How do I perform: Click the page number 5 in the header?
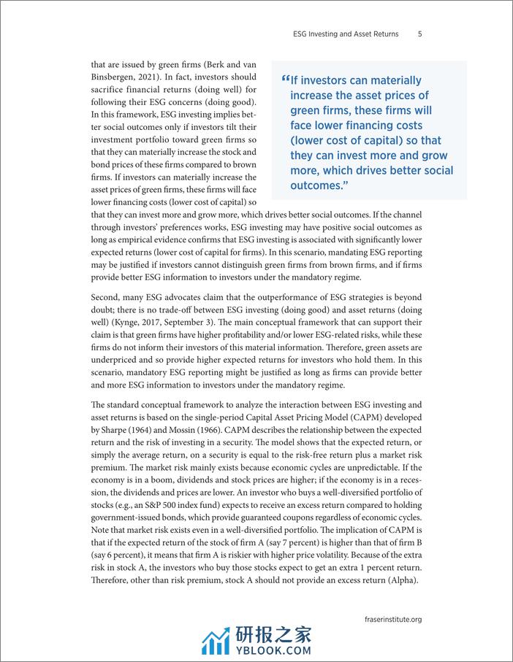point(420,34)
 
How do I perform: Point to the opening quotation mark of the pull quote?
point(284,80)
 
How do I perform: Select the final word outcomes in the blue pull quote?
point(316,185)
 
